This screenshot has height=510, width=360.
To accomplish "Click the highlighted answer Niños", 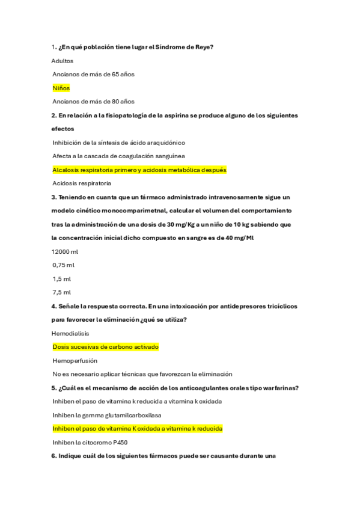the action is [x=61, y=88].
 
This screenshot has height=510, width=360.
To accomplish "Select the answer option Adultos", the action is [x=62, y=61].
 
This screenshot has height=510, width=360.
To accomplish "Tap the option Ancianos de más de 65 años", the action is [x=93, y=75].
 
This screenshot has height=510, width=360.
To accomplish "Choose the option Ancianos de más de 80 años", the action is [x=93, y=102].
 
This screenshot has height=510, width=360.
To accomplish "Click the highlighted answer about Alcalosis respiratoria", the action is [x=139, y=170].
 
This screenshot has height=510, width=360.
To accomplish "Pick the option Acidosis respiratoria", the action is [x=82, y=183].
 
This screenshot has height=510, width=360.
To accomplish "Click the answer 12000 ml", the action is [x=66, y=251].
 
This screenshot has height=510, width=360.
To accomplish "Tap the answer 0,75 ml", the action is [x=64, y=265].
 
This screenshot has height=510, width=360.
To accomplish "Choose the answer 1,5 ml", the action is [x=62, y=279].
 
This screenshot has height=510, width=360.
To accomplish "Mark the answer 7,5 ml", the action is [x=62, y=292].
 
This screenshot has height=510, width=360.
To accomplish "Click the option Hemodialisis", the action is [x=70, y=333].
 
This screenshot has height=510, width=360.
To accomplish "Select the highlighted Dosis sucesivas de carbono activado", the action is [x=105, y=347].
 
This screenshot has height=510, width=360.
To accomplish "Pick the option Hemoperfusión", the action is [x=75, y=360].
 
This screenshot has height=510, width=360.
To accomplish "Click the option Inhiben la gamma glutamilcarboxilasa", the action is [x=107, y=415].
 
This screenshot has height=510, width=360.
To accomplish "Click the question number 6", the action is [x=53, y=456].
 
